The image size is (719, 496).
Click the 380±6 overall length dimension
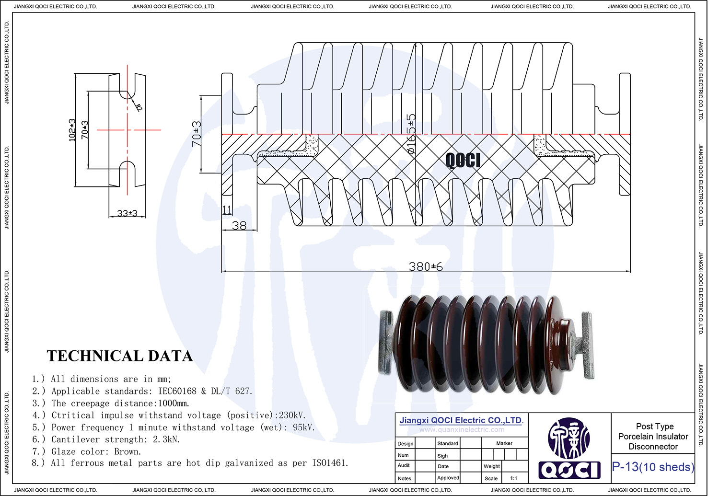(426, 266)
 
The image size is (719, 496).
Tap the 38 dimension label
(239, 225)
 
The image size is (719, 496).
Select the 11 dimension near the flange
(227, 210)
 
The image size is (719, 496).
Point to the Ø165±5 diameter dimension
(411, 134)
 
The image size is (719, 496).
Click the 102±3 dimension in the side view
(72, 129)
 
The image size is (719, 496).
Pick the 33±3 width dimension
(127, 213)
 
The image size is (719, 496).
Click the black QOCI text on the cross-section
(463, 160)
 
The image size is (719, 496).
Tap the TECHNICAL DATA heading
(120, 356)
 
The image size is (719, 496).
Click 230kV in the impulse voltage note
(292, 415)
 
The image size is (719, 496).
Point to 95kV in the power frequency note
(303, 427)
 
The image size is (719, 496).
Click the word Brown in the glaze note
(127, 451)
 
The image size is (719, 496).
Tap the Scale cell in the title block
(491, 478)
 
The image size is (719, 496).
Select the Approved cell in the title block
(448, 478)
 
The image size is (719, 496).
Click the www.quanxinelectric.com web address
(462, 430)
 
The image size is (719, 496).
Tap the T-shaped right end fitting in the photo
(587, 345)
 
